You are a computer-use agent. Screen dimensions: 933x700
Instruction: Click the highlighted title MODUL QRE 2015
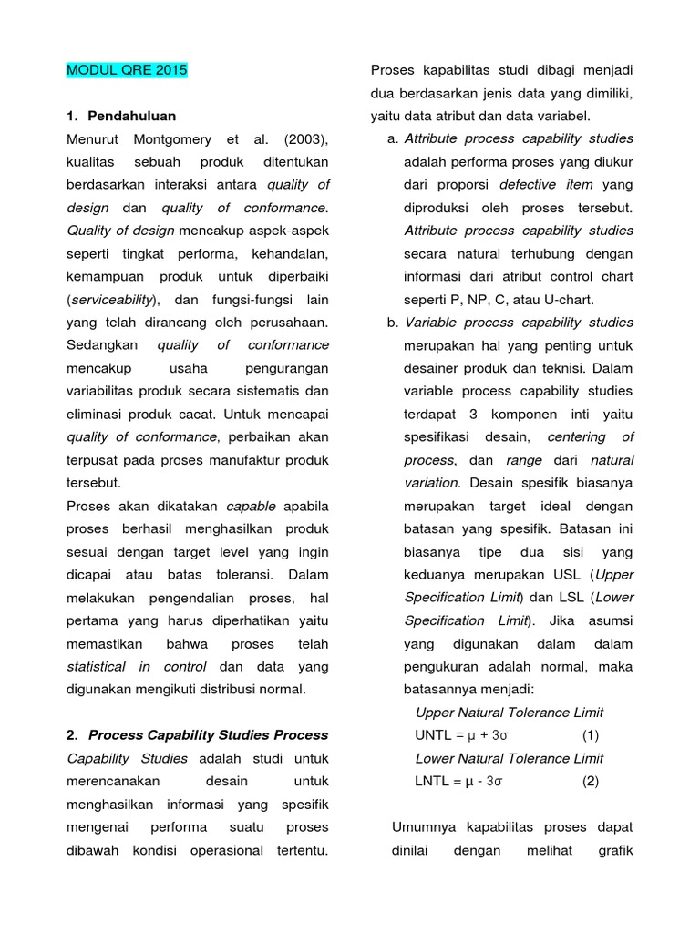(x=127, y=70)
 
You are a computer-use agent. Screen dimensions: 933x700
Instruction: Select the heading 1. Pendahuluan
(x=122, y=116)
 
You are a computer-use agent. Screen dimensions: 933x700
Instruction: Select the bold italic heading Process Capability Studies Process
(x=208, y=735)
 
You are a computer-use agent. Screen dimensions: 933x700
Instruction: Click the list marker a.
(x=392, y=138)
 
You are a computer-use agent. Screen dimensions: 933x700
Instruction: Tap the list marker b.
(x=392, y=323)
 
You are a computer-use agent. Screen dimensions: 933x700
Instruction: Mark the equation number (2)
(x=591, y=782)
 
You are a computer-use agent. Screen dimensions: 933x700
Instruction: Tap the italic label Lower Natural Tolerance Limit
(x=509, y=758)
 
